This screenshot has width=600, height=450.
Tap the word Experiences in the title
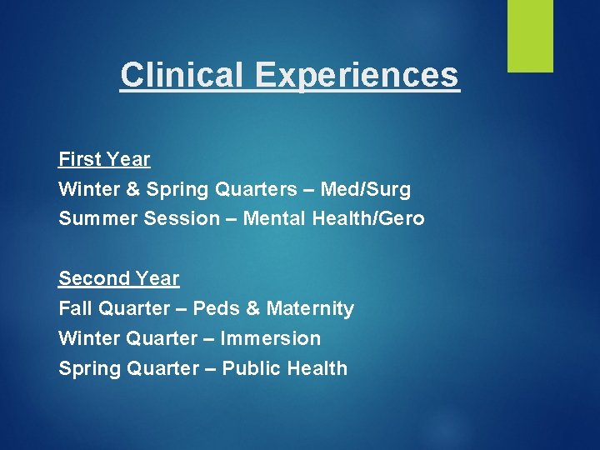point(357,74)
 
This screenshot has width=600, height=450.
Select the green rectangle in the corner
point(530,36)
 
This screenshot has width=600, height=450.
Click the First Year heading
point(104,159)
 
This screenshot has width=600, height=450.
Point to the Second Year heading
point(118,278)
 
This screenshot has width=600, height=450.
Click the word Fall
point(75,308)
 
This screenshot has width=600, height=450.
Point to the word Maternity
point(311,308)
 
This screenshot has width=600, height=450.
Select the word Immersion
point(270,338)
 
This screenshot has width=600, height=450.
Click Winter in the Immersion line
point(88,338)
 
